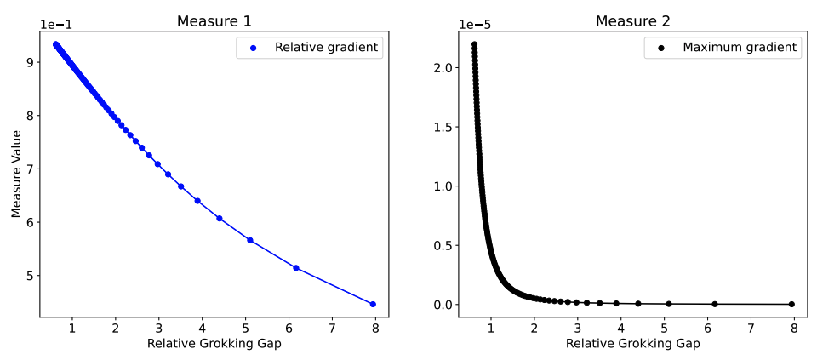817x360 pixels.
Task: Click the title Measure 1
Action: coord(214,20)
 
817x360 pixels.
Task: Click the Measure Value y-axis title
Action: coord(17,174)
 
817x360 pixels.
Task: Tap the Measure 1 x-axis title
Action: coord(214,344)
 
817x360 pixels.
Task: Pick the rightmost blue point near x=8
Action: coord(372,304)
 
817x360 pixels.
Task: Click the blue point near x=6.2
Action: coord(296,268)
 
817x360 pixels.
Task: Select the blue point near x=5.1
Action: coord(249,240)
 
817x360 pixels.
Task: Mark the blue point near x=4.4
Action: coord(220,219)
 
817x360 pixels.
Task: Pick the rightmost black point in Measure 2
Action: coord(791,304)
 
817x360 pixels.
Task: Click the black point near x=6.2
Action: coord(715,304)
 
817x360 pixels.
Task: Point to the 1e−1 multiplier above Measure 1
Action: coord(56,25)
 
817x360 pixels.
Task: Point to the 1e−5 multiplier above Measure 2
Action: coord(476,25)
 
